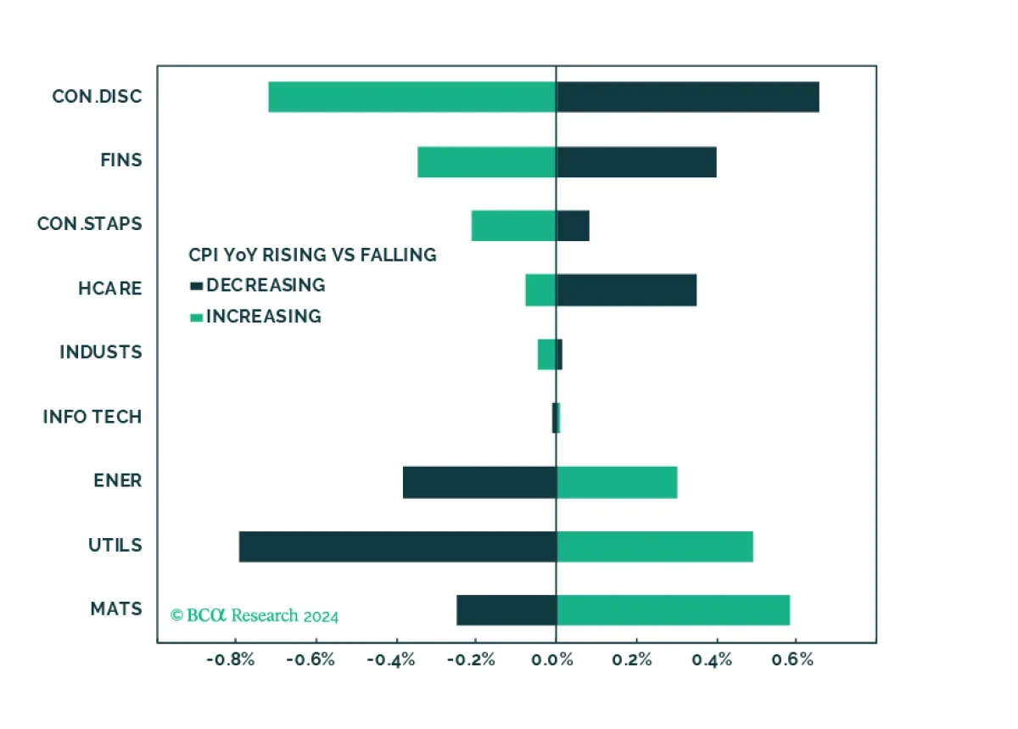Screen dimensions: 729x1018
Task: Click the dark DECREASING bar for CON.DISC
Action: pos(687,97)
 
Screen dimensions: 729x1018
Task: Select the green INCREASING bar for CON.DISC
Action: pos(412,97)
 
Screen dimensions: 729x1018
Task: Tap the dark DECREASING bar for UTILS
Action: pos(397,547)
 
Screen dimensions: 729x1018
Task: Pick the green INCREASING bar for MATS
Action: pos(673,610)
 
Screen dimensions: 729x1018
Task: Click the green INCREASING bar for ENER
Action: pos(617,482)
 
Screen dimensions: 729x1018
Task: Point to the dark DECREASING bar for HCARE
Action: pos(626,289)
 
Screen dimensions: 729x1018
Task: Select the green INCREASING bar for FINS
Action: pos(486,161)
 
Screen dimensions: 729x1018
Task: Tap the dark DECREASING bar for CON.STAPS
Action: pos(573,226)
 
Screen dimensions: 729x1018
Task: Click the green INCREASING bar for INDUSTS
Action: pos(546,354)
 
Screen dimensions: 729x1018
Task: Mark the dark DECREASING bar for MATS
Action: pos(506,610)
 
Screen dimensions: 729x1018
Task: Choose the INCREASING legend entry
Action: pos(255,317)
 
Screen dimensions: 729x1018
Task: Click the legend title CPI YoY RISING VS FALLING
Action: pos(311,255)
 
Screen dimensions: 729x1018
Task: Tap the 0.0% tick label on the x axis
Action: pos(555,661)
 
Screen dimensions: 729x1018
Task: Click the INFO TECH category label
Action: pos(92,417)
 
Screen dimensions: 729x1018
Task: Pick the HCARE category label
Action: pos(109,289)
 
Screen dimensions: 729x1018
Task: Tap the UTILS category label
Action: pos(115,545)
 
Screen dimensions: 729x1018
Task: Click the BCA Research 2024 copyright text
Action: pos(255,615)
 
